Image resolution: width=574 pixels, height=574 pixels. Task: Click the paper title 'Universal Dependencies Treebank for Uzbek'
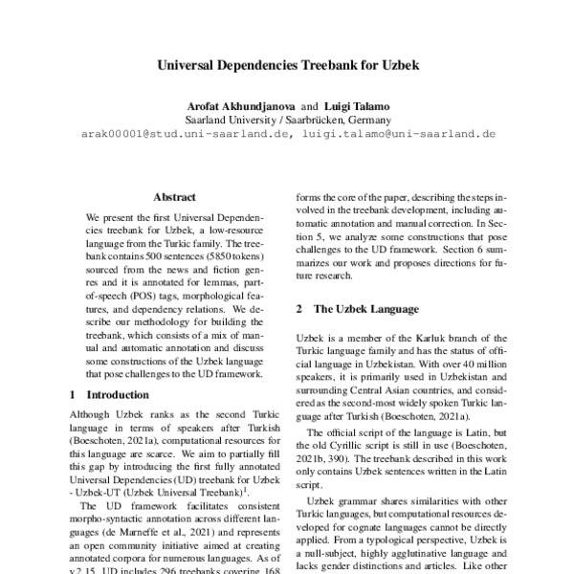click(x=286, y=69)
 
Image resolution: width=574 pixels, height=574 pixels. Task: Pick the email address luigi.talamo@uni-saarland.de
click(x=397, y=135)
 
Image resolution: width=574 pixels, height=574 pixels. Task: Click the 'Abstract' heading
click(x=174, y=196)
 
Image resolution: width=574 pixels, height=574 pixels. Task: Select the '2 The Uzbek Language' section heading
click(x=357, y=309)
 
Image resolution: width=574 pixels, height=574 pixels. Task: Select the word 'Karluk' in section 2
click(x=432, y=339)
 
